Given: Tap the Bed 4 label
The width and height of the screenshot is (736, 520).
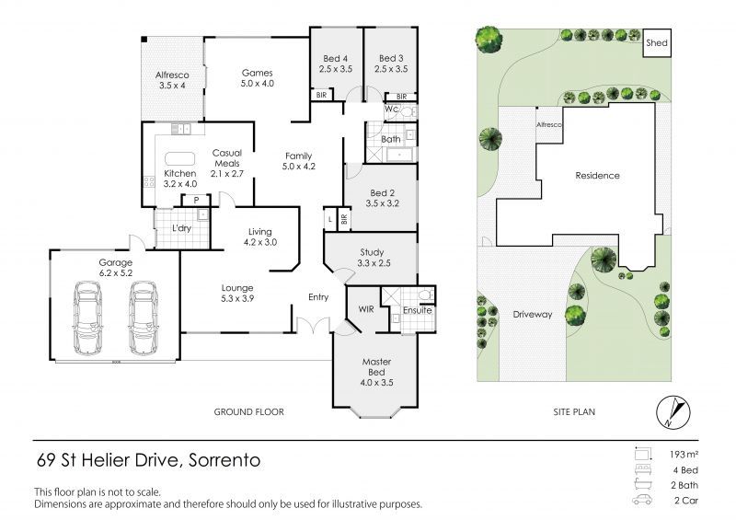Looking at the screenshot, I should click(x=336, y=62).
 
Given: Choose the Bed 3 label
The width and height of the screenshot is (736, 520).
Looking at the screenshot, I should click(x=391, y=62).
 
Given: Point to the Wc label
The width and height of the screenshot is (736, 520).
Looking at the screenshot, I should click(x=390, y=110).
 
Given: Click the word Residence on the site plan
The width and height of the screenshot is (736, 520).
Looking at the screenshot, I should click(x=597, y=175).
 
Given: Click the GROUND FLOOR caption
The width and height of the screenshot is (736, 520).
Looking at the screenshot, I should click(x=248, y=412).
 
